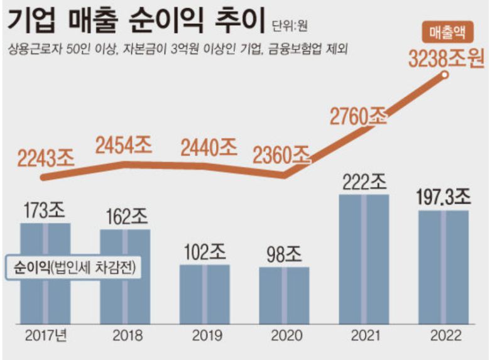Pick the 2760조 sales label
pos(359,116)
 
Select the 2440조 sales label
pos(209,147)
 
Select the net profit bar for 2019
pos(205,293)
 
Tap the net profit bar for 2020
pos(285,294)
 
